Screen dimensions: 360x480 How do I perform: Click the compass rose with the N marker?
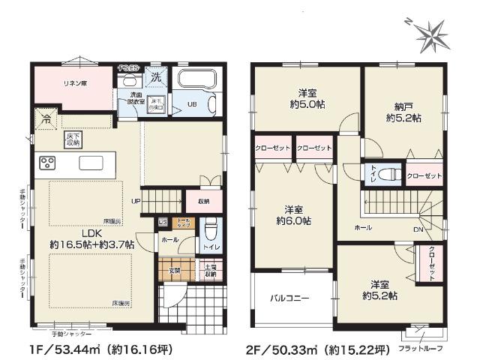pyautogui.click(x=430, y=31)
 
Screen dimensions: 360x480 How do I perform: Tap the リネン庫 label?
pyautogui.click(x=73, y=83)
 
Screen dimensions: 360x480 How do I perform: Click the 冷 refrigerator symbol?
pyautogui.click(x=46, y=118)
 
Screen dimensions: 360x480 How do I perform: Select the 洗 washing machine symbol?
pyautogui.click(x=156, y=76)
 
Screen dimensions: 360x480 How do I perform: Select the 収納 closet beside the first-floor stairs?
pyautogui.click(x=204, y=201)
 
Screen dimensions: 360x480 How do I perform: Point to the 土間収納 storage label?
pyautogui.click(x=208, y=271)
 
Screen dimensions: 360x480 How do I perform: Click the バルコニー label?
pyautogui.click(x=289, y=298)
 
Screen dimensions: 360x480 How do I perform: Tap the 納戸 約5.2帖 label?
pyautogui.click(x=403, y=112)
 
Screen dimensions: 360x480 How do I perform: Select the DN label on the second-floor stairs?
pyautogui.click(x=416, y=229)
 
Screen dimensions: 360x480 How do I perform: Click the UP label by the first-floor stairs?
pyautogui.click(x=136, y=201)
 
